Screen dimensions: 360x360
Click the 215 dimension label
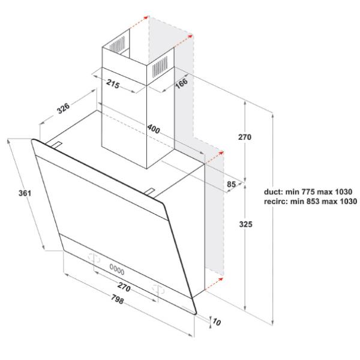113,84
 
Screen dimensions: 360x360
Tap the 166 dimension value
182,83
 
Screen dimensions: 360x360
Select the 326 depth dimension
63,108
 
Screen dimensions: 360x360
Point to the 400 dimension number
154,129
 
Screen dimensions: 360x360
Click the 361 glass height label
25,193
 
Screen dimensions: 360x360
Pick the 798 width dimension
118,299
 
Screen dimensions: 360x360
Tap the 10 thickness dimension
217,322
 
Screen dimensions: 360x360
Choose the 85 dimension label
231,184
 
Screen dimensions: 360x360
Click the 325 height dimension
245,224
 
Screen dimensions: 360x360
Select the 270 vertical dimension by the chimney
245,137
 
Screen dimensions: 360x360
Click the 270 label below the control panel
124,287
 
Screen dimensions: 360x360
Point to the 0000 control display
117,269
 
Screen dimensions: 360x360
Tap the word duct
274,191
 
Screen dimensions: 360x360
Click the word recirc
276,202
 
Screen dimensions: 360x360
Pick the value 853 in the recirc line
312,202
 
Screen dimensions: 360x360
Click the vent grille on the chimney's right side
160,67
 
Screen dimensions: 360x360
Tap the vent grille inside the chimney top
117,44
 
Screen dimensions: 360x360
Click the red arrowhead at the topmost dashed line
146,17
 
